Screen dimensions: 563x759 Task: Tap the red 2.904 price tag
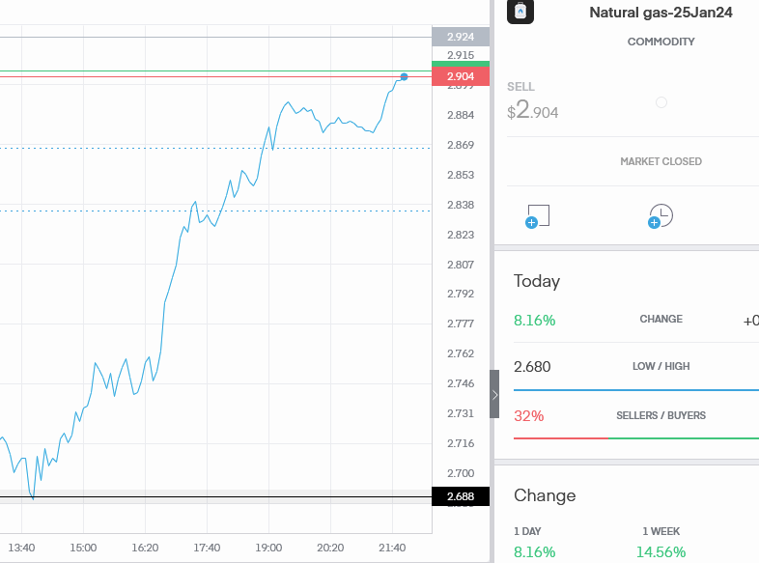tap(461, 76)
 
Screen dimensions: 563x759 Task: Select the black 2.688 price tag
tap(461, 496)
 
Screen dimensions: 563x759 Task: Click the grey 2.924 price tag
tap(461, 37)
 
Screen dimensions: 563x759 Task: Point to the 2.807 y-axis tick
tap(461, 265)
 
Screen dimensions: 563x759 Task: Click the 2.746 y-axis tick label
tap(461, 383)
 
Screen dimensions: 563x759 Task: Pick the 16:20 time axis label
tap(145, 548)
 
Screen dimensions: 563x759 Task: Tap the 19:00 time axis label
tap(268, 548)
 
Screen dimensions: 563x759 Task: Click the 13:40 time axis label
tap(21, 548)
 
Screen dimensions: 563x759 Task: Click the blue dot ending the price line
tap(404, 76)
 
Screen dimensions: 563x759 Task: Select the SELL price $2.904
tap(533, 111)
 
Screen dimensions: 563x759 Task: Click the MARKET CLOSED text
tap(661, 161)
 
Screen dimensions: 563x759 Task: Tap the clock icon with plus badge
tap(661, 216)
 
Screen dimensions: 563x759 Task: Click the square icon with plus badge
tap(538, 216)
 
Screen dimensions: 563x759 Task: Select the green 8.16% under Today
tap(534, 320)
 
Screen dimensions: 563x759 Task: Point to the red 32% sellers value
tap(528, 416)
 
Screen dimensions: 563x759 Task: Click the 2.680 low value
tap(532, 367)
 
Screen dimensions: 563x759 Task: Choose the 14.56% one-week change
tap(661, 552)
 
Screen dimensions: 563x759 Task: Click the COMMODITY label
tap(661, 42)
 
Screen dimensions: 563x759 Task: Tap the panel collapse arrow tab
tap(494, 394)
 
